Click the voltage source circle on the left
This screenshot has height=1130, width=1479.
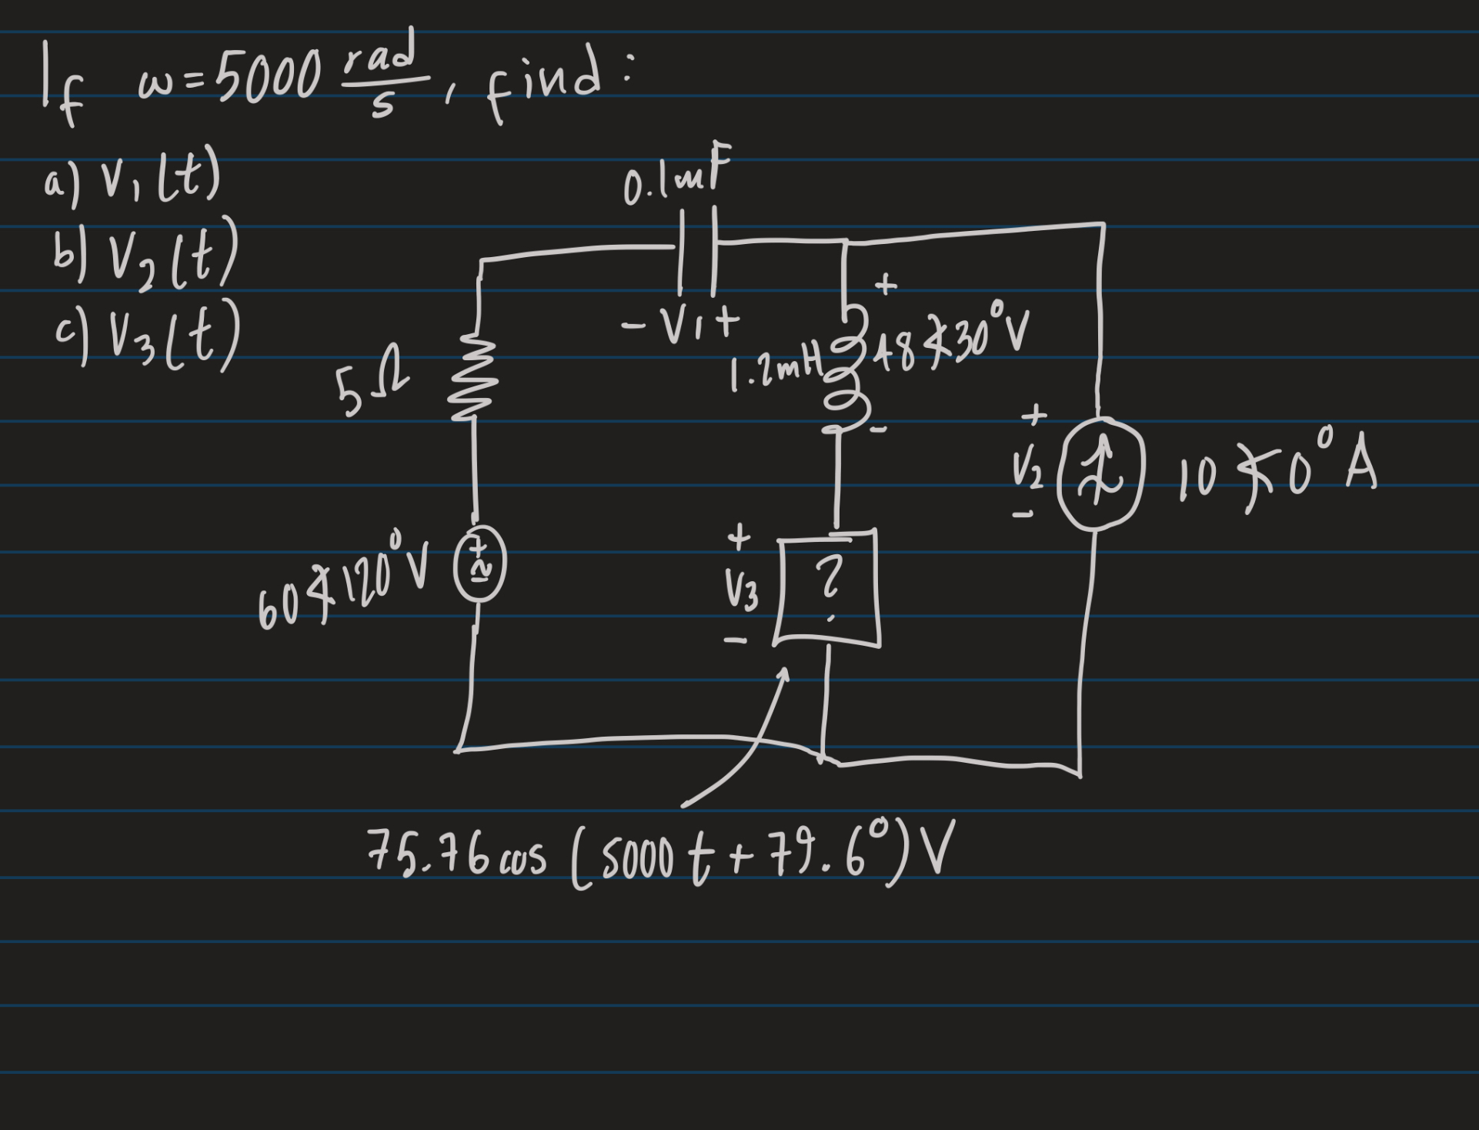click(x=479, y=573)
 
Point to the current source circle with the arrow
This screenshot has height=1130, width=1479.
click(x=1100, y=473)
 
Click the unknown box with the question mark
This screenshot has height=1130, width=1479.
click(x=828, y=587)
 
